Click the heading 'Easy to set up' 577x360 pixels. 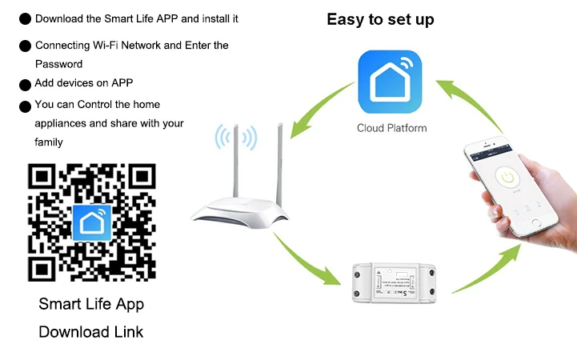(380, 19)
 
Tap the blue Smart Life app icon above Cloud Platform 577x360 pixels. (391, 82)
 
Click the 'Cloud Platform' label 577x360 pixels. (391, 128)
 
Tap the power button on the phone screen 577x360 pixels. (506, 177)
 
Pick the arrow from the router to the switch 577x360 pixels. (308, 260)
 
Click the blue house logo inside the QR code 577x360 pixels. (91, 222)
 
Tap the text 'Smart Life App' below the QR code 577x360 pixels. (91, 305)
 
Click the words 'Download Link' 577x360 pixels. (91, 331)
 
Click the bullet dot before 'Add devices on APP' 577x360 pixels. (25, 84)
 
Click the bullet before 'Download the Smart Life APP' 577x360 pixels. (25, 18)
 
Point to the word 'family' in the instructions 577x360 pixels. (49, 142)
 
